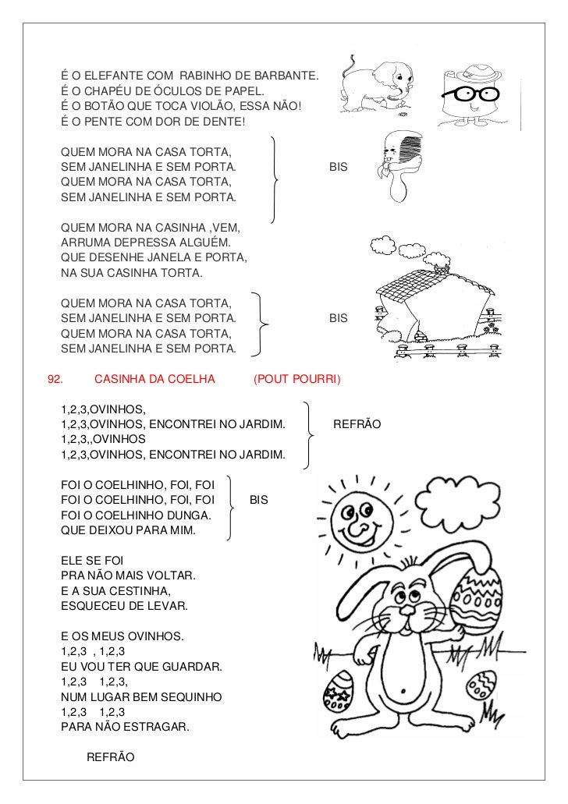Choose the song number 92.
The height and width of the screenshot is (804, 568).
(55, 381)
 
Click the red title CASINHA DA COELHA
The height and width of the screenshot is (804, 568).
(154, 381)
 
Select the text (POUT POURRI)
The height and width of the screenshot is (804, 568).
(297, 381)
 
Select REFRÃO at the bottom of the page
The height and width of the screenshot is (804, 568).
(110, 757)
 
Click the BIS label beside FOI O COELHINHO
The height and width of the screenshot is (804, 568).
(258, 500)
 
